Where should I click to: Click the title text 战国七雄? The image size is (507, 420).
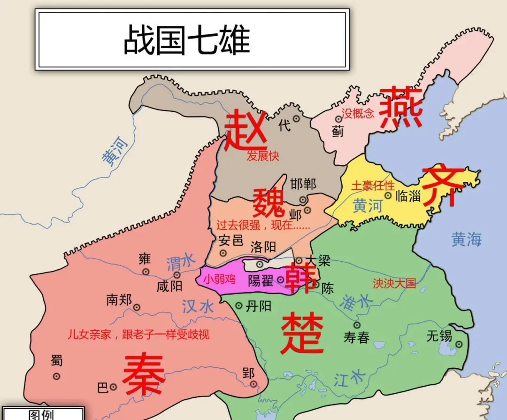coord(186,40)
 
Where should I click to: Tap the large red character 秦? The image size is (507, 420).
coord(144,374)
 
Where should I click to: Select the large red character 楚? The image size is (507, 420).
coord(303,333)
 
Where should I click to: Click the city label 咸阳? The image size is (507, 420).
coord(169,286)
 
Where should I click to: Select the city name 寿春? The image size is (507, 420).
coord(356,337)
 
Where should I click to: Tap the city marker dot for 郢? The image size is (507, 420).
coord(254,384)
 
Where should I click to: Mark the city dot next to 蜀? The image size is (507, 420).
coord(57,376)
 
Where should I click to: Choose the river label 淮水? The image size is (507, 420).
coord(357,301)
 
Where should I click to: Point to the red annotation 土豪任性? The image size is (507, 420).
coord(373,185)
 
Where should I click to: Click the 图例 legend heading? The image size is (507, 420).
coord(42,415)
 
